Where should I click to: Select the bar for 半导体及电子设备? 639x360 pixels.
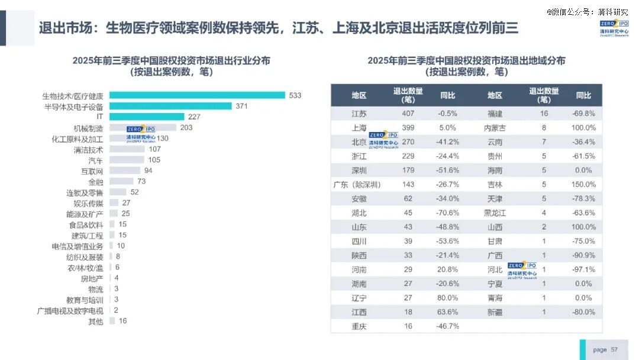tap(170, 106)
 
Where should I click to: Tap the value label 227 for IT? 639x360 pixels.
tap(194, 117)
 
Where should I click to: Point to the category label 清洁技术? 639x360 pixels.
tap(89, 149)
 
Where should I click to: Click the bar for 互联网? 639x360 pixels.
tap(125, 171)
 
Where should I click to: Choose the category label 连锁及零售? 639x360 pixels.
tap(85, 192)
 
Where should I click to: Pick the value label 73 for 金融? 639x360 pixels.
tap(141, 181)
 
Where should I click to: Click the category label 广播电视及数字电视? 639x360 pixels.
tap(70, 311)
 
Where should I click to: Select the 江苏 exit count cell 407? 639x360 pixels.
tap(408, 114)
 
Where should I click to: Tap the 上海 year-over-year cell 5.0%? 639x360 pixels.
tap(447, 128)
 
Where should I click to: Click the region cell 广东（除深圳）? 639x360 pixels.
tap(358, 185)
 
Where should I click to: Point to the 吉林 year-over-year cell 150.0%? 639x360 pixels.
tap(583, 185)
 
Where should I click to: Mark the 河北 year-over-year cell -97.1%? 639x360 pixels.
tap(583, 270)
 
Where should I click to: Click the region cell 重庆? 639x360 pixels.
tap(359, 326)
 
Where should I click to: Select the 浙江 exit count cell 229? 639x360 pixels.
tap(408, 156)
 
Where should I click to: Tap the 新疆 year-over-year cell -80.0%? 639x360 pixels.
tap(583, 312)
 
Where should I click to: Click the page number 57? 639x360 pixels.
tap(614, 350)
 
